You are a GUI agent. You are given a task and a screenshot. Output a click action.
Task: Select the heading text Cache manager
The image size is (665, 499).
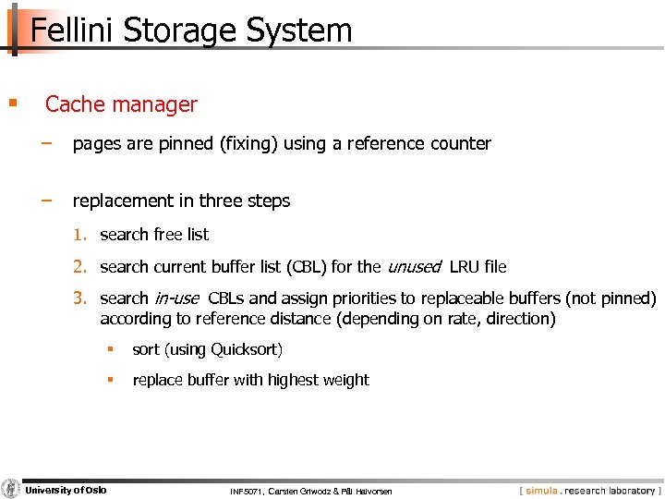pyautogui.click(x=121, y=104)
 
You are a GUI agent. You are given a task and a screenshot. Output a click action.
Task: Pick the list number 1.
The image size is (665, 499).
pyautogui.click(x=80, y=235)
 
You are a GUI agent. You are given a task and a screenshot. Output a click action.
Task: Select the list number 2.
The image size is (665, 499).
pyautogui.click(x=80, y=267)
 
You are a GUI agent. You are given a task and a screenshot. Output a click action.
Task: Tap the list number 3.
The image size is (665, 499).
pyautogui.click(x=80, y=298)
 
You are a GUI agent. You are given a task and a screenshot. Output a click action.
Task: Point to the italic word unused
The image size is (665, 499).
pyautogui.click(x=414, y=267)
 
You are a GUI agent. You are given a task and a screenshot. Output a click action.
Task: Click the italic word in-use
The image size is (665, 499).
pyautogui.click(x=176, y=298)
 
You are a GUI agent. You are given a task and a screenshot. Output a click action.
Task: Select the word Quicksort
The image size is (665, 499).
pyautogui.click(x=247, y=349)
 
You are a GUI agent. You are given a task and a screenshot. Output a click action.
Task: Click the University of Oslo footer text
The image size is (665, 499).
pyautogui.click(x=66, y=490)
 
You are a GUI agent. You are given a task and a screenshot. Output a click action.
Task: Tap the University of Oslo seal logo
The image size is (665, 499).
pyautogui.click(x=11, y=489)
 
